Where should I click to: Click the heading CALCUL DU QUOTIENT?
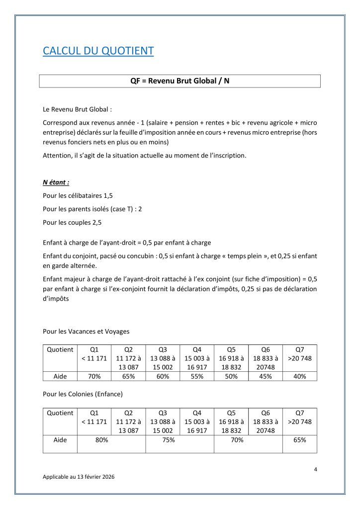98,51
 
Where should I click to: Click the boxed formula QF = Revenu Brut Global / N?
180,81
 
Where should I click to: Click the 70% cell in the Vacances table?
94,376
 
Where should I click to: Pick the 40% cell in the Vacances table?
299,376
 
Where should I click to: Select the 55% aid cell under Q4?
197,376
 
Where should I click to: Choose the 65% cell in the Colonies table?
299,440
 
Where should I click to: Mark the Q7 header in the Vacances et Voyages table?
299,349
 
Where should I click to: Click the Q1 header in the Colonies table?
94,413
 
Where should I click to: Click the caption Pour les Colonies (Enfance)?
83,394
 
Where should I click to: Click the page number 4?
316,469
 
